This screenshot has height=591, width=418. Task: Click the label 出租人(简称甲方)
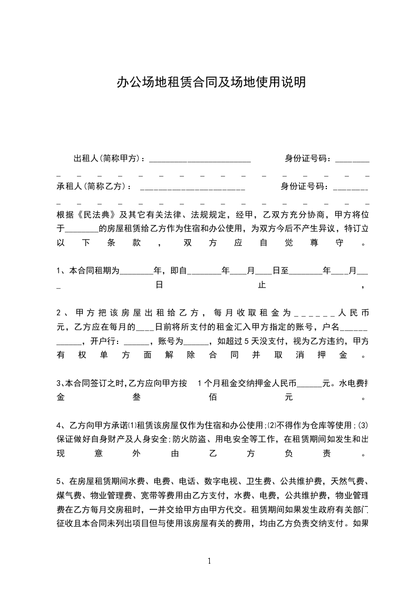coord(109,158)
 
